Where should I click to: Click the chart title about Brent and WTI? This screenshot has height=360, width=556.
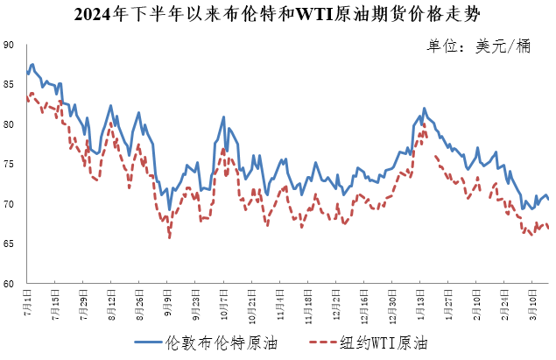click(278, 13)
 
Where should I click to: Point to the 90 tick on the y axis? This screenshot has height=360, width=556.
click(9, 45)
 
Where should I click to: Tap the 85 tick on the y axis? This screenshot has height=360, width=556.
click(9, 85)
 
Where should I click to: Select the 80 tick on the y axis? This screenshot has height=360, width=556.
click(9, 124)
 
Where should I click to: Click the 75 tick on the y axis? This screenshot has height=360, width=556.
click(9, 165)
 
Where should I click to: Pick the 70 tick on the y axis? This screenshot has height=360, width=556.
click(9, 204)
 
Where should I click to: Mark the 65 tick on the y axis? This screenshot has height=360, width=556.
click(9, 244)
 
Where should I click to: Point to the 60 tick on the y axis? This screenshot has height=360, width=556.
click(9, 284)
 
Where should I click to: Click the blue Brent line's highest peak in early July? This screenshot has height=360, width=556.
click(32, 64)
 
